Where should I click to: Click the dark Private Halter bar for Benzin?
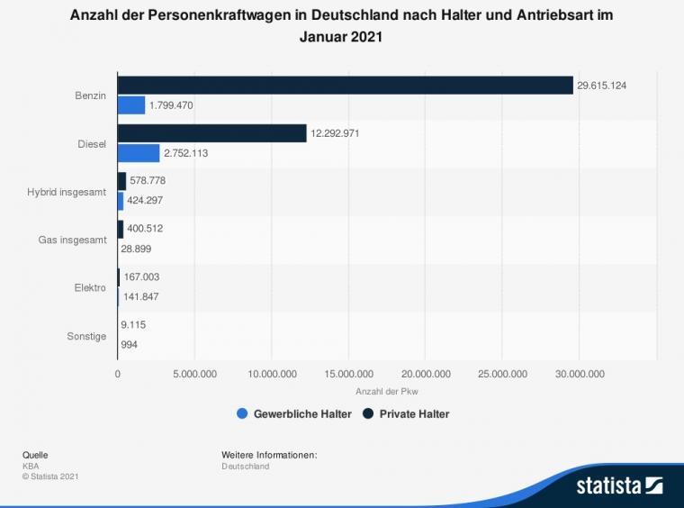(345, 86)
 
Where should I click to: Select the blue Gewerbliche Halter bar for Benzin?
(131, 105)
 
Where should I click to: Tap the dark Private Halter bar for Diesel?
(212, 133)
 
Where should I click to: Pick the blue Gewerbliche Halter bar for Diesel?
(139, 153)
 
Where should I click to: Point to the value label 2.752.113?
(185, 153)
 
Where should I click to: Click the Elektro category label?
(90, 288)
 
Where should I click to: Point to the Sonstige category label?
(86, 336)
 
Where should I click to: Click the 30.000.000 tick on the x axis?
(580, 373)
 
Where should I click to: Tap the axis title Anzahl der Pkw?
(387, 391)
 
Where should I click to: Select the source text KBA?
(31, 467)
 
